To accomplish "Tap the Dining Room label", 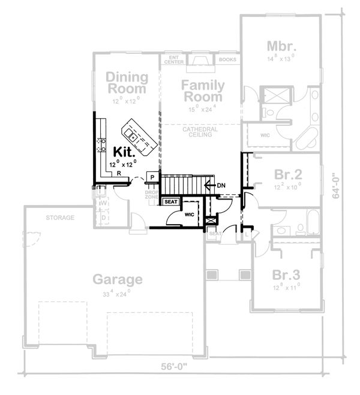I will click(127, 83).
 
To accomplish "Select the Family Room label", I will click(203, 91).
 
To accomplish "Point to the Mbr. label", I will click(280, 46).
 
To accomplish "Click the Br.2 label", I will click(287, 175).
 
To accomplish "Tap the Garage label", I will click(118, 279).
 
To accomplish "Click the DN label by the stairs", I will click(220, 185).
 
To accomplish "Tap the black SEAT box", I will click(171, 202).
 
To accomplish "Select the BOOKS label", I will click(227, 60).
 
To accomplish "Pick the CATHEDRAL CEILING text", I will click(201, 132).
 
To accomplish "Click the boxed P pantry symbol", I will click(152, 177).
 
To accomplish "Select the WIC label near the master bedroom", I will click(265, 135).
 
